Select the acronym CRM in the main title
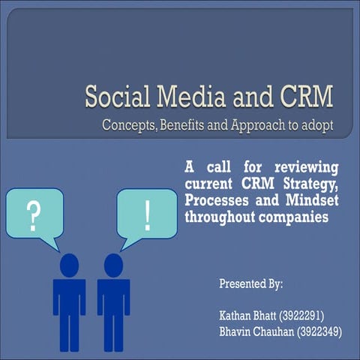[301, 98]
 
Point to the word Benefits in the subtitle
[188, 124]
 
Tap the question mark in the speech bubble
[33, 215]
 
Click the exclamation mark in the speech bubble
[148, 215]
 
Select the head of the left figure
[69, 264]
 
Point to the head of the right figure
[113, 264]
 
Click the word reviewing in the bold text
[306, 166]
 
